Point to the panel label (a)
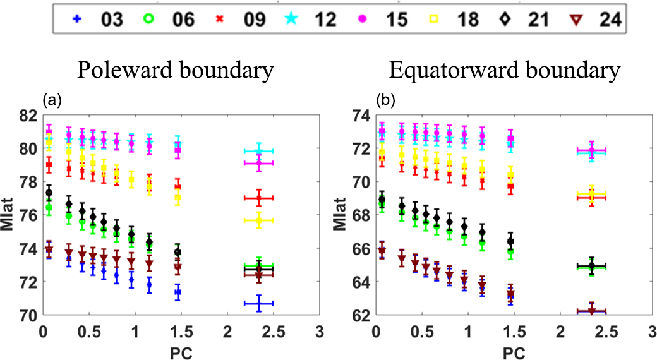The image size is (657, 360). (50, 100)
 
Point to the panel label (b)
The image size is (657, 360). (383, 100)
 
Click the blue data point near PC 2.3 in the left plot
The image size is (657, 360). (258, 304)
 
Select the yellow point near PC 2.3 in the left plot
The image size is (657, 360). (258, 220)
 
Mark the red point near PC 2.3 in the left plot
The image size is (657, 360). (258, 198)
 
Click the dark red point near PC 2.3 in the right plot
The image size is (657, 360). (592, 311)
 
